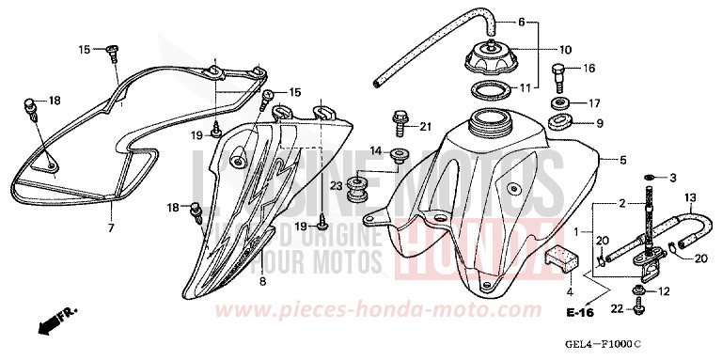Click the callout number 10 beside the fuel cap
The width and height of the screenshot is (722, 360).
coord(565,50)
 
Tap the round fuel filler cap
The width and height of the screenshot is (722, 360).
coord(491,60)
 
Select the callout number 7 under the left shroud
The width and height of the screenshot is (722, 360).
coord(110,228)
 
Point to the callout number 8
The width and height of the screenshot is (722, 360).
coord(262,281)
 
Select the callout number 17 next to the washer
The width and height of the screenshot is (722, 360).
coord(593,102)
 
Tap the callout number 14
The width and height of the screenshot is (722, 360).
coord(375,151)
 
